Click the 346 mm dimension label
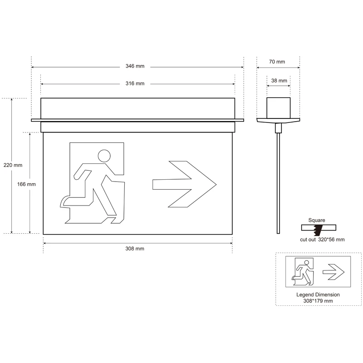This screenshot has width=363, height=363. tap(135, 67)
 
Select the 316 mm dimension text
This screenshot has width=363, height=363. tap(135, 83)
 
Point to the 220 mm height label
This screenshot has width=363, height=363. tap(12, 165)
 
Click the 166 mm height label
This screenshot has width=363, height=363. tap(27, 184)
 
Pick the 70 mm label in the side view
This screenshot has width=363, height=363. tap(277, 62)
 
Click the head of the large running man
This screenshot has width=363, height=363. tap(104, 156)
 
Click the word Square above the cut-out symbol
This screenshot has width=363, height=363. tap(317, 220)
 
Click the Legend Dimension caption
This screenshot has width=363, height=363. tap(318, 294)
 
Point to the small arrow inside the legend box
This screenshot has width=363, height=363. tap(333, 272)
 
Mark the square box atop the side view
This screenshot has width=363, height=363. tap(278, 108)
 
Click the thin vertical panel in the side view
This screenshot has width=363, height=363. tap(278, 181)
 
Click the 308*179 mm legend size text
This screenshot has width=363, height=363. tap(318, 301)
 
